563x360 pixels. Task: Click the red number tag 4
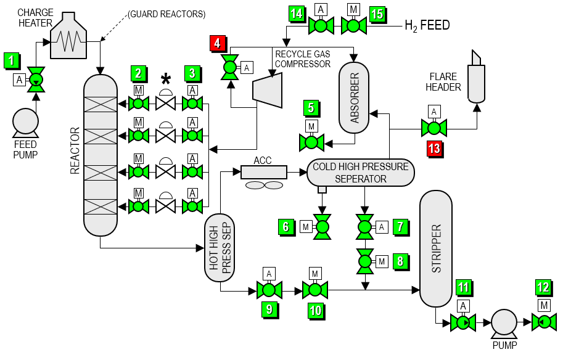coord(218,43)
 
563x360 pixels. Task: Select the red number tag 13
coord(434,148)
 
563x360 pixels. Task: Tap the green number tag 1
coord(11,60)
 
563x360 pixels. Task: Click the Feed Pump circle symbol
coord(25,121)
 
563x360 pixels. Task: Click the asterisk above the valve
coord(165,79)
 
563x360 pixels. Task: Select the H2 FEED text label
coord(427,25)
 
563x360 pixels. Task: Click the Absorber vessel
coord(354,97)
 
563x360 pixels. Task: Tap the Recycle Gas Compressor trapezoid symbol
coord(267,87)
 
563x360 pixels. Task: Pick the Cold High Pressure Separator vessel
coord(360,173)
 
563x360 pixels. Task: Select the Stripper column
coord(436,248)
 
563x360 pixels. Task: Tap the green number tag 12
coord(543,287)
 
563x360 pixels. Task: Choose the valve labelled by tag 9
coord(269,289)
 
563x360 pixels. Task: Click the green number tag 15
coord(377,12)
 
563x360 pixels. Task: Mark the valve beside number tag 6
coord(322,227)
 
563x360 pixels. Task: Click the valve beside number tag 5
coord(311,142)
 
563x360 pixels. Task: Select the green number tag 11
coord(463,287)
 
